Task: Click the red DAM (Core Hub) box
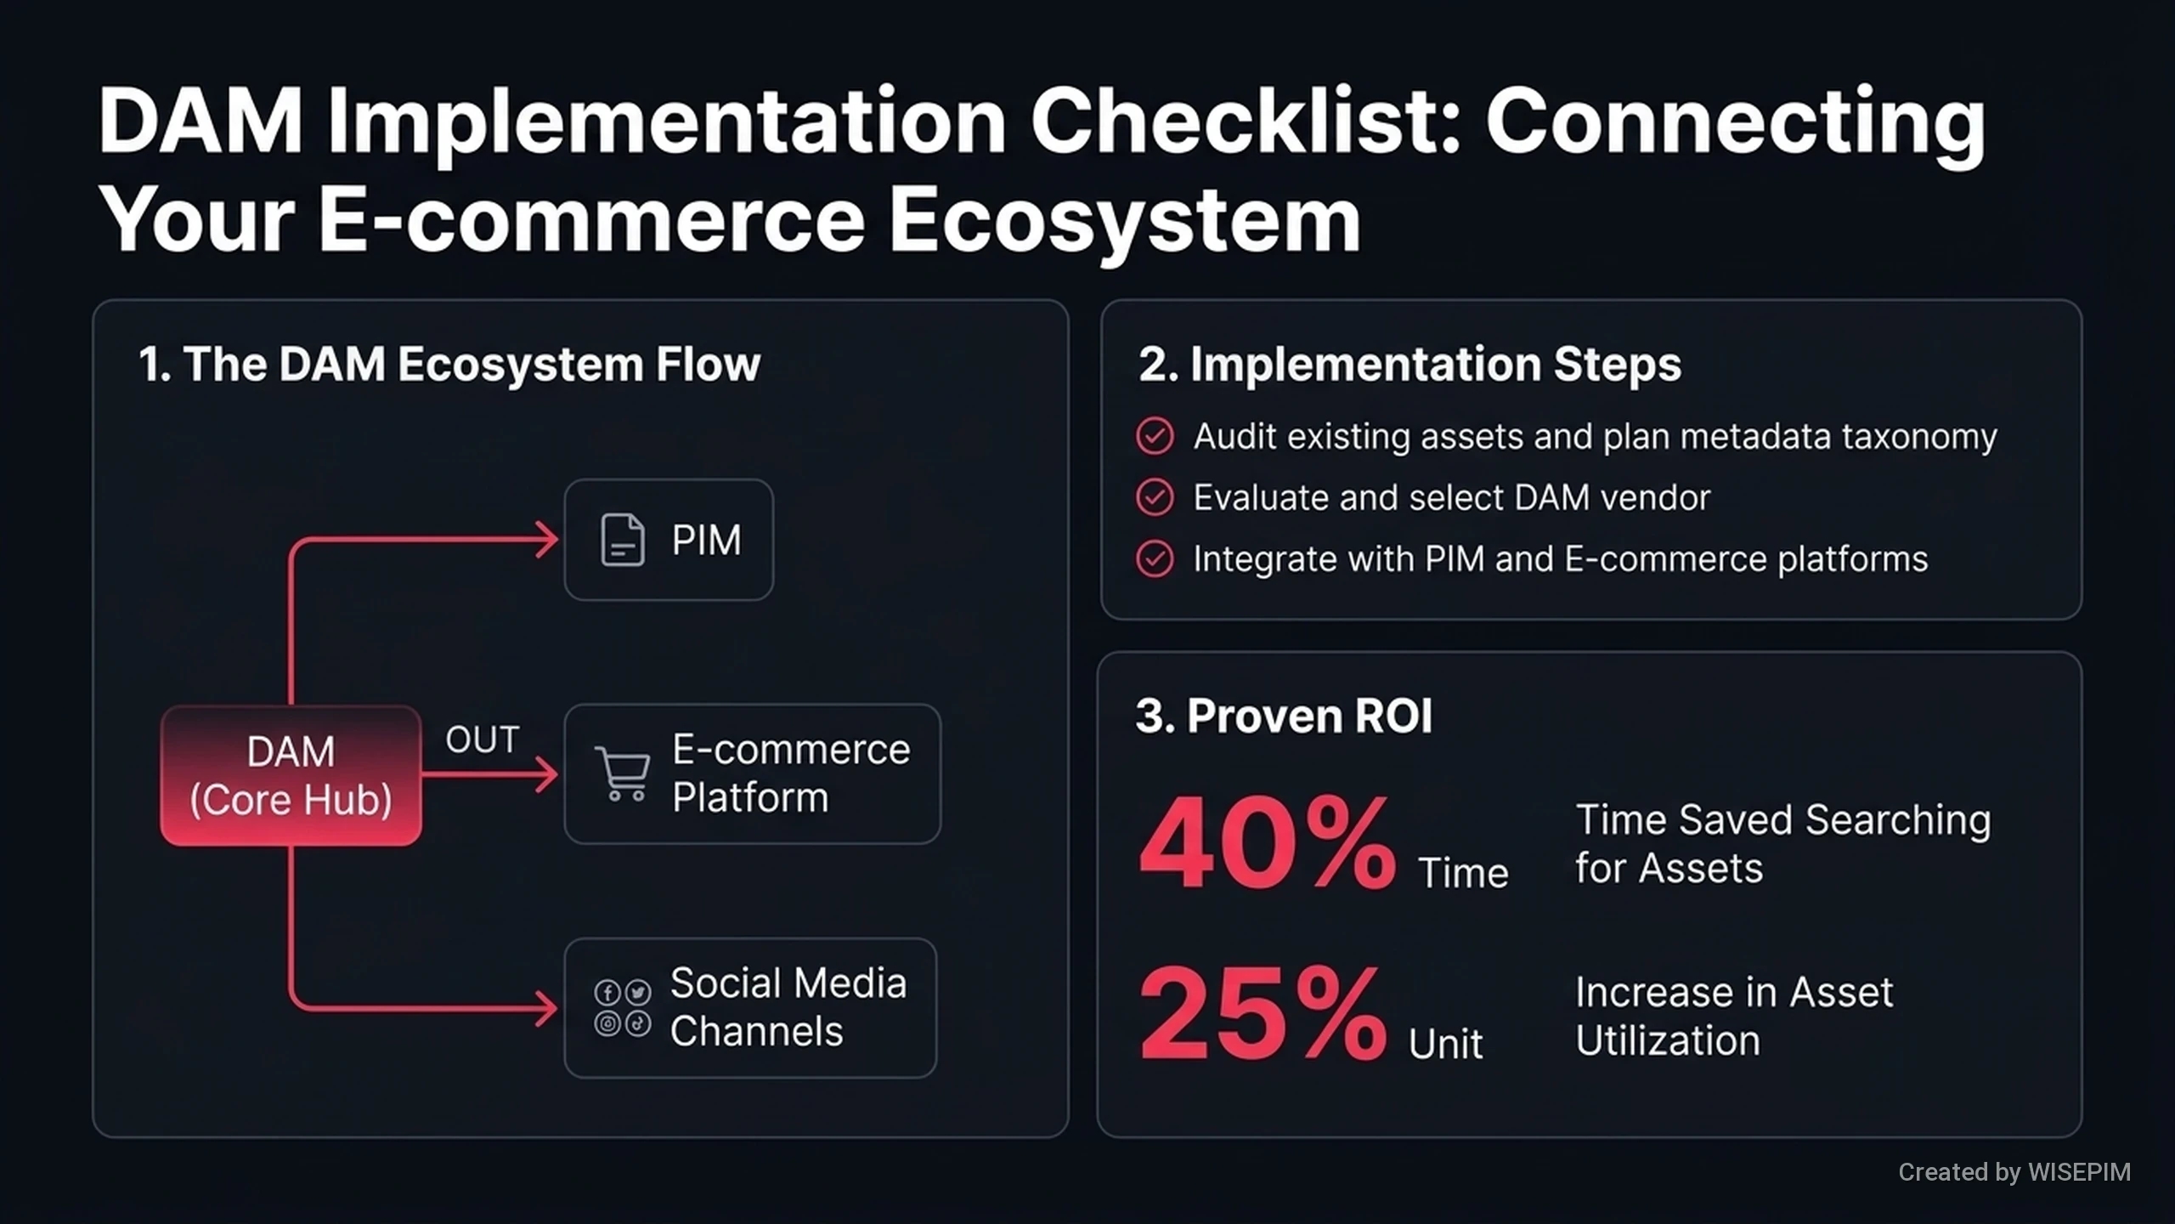tap(291, 775)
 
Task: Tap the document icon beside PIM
tap(622, 540)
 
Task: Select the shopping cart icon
tap(623, 773)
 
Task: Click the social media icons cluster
tap(623, 1008)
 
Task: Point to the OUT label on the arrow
tap(483, 740)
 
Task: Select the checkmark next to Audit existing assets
tap(1155, 436)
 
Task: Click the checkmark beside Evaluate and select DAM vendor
tap(1155, 497)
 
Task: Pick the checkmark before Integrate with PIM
tap(1155, 559)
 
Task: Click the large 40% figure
tap(1267, 843)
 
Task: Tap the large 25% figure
tap(1263, 1013)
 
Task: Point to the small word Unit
tap(1445, 1044)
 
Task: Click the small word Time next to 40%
tap(1463, 873)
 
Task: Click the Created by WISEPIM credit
tap(2014, 1172)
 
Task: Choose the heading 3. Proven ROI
tap(1284, 716)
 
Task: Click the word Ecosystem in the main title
tap(1125, 221)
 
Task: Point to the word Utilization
tap(1668, 1040)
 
